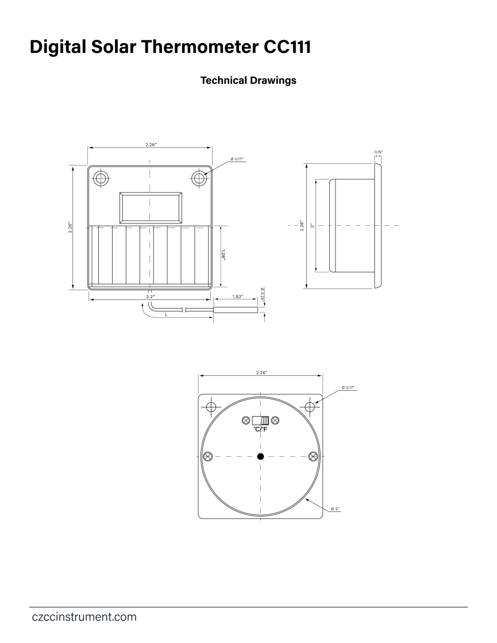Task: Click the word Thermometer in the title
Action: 200,47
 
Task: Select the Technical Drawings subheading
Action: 248,80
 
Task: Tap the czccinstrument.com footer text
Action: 84,617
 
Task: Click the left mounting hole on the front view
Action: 101,178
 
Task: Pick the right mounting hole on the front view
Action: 199,178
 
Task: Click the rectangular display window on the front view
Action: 151,207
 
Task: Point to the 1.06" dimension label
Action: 224,255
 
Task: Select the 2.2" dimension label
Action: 151,297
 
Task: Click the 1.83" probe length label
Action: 237,297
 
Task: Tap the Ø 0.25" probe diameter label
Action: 263,294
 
